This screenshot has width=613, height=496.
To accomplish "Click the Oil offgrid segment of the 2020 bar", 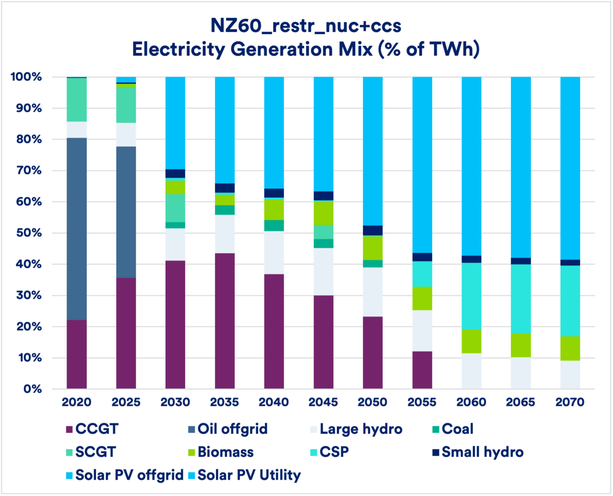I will [x=77, y=229].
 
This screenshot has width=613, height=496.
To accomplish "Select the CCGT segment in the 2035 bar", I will [x=225, y=320].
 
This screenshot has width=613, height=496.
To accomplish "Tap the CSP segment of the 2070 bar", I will [x=570, y=301].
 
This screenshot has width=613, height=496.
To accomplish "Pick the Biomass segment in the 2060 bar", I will [x=472, y=341].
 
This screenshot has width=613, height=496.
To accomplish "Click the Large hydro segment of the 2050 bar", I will [x=373, y=292].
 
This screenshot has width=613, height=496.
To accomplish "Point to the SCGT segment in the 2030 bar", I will [x=175, y=208].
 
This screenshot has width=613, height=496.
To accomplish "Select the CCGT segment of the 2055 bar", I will [x=422, y=369].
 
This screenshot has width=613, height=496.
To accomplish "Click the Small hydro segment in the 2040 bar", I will [x=274, y=193].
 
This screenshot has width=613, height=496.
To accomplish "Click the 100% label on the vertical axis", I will [x=26, y=77].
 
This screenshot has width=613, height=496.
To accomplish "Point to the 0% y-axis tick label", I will [x=32, y=389].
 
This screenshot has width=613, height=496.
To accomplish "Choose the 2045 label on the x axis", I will [x=323, y=402].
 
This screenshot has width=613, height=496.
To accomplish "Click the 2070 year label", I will [x=570, y=402].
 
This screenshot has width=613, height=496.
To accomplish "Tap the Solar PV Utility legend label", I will [x=249, y=475].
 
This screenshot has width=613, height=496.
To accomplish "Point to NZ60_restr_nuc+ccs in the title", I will [x=306, y=25].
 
